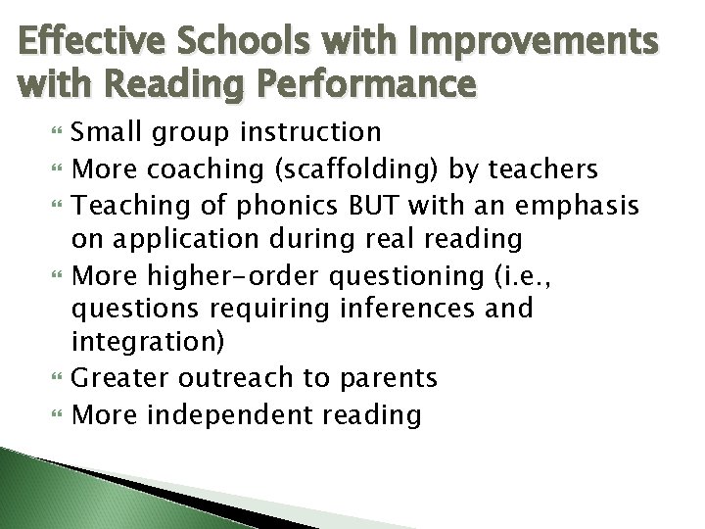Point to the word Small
(x=104, y=131)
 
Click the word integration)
(x=148, y=344)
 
